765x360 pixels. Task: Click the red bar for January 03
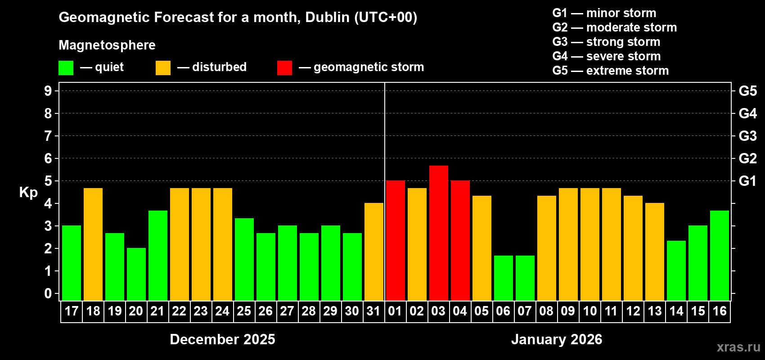click(438, 233)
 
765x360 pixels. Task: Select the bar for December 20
click(136, 274)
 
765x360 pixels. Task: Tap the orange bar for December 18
click(93, 244)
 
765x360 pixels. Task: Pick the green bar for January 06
click(503, 278)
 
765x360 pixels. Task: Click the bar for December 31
click(373, 252)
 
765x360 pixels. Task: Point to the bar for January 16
click(719, 256)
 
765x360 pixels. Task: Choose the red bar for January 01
click(395, 240)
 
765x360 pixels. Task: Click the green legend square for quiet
click(66, 68)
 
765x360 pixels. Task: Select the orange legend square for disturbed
click(163, 68)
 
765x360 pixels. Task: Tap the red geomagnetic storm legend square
click(284, 68)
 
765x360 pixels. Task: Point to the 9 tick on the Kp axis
click(48, 91)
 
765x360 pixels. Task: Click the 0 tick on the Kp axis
click(48, 293)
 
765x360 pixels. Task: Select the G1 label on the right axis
click(747, 181)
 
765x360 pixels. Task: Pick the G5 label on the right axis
click(747, 91)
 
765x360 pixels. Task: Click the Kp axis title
click(28, 192)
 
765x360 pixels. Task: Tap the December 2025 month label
click(222, 339)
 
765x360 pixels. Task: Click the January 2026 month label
click(557, 339)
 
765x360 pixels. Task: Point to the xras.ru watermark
click(738, 347)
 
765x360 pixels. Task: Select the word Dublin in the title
click(327, 17)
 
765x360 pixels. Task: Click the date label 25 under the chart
click(244, 311)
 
